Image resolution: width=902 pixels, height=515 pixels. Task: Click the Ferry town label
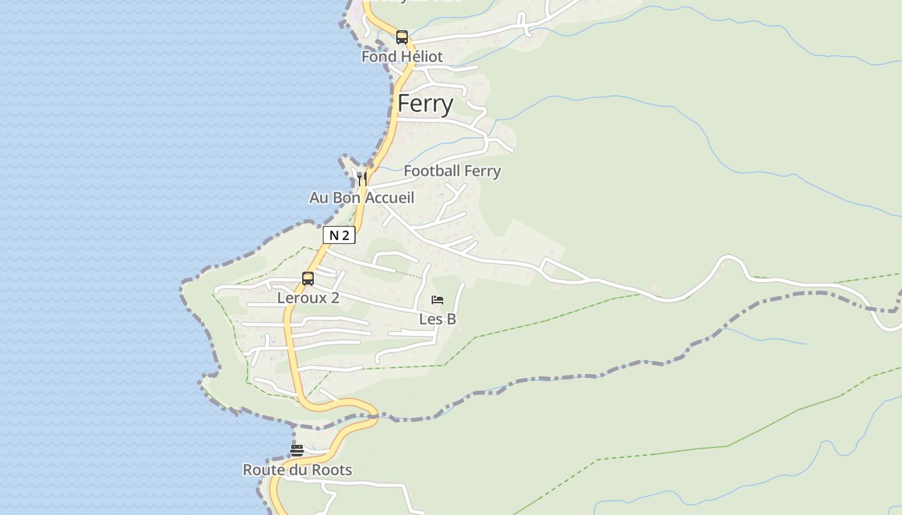point(425,104)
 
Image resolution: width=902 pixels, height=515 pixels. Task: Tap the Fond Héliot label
point(402,57)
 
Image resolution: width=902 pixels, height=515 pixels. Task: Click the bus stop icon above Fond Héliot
point(402,37)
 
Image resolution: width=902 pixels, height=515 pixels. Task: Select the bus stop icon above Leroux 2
point(308,279)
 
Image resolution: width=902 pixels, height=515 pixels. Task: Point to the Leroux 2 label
point(308,298)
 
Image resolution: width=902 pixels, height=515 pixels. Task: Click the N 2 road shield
point(339,236)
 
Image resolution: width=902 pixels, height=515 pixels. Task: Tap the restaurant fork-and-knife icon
point(362,178)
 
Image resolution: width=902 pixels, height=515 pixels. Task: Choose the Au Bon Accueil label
point(361,198)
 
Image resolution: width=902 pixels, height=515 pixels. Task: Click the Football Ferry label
point(452,171)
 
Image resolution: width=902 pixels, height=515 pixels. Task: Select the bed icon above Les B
point(437,300)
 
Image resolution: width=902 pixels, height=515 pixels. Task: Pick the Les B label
point(437,319)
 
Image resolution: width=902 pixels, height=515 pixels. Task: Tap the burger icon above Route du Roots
point(297,450)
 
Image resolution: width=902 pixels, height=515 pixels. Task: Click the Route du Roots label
point(297,470)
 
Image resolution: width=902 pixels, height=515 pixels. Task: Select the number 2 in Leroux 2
point(334,298)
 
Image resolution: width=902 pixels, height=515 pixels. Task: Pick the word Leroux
point(302,298)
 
